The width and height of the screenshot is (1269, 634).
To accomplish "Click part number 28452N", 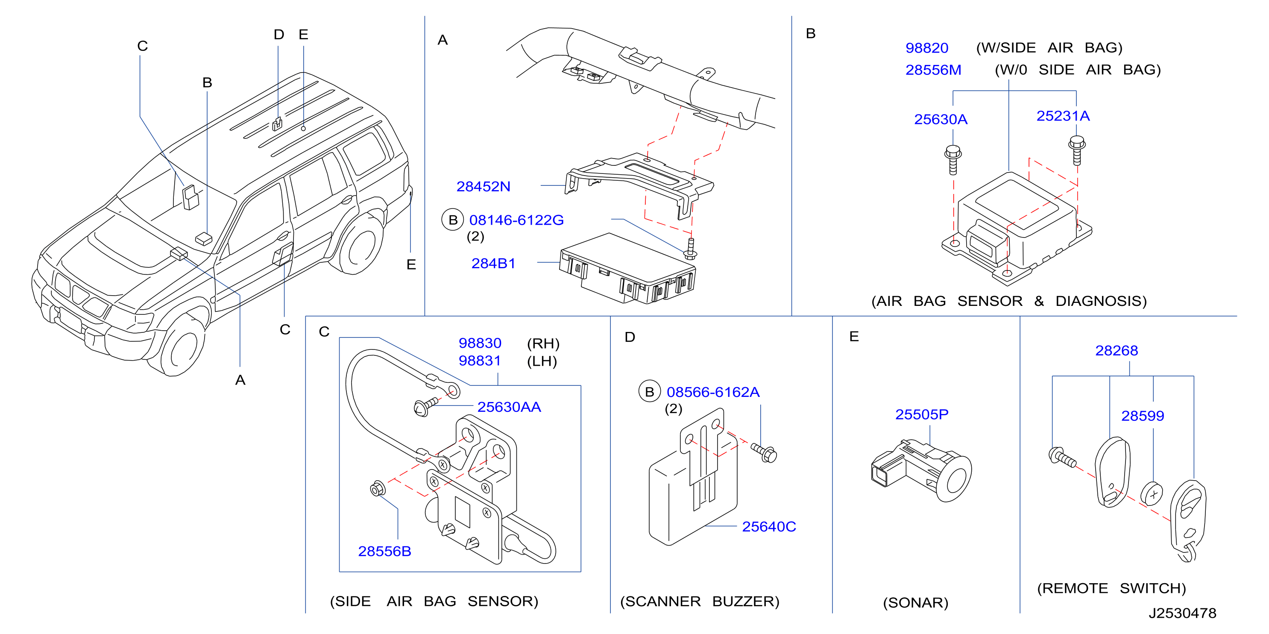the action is (x=483, y=186).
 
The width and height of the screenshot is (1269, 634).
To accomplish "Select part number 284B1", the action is (x=493, y=263).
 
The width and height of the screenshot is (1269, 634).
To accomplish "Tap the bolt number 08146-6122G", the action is (x=516, y=220).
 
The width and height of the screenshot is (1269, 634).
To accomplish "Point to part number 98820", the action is (x=926, y=48).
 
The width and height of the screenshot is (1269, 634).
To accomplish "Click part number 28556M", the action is (x=933, y=70).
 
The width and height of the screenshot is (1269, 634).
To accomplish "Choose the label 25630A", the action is (x=941, y=119).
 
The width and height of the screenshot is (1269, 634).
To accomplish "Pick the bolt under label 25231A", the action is (x=1077, y=150).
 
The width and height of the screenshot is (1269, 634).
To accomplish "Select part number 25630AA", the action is (x=509, y=407).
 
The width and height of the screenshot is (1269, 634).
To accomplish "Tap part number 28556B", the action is (x=384, y=551).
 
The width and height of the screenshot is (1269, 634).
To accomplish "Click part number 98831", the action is (x=479, y=361).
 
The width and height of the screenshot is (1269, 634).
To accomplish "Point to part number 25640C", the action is (x=768, y=527).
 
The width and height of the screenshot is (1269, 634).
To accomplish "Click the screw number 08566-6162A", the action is (x=713, y=392).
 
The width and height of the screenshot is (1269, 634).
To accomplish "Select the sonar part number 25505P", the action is (x=922, y=414).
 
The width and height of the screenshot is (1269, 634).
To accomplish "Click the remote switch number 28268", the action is (x=1116, y=350).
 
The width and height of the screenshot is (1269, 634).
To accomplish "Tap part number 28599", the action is (x=1143, y=416).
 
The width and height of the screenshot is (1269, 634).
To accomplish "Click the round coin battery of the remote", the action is (x=1152, y=493).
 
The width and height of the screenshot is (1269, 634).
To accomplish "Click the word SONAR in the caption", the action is (x=915, y=602).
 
